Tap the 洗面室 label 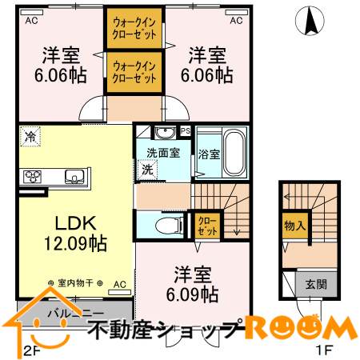click(162, 151)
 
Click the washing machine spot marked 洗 click(148, 169)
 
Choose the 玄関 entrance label click(315, 283)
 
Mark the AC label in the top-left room click(32, 21)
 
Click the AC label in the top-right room click(237, 21)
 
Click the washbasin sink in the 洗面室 click(165, 132)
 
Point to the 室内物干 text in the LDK click(76, 283)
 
